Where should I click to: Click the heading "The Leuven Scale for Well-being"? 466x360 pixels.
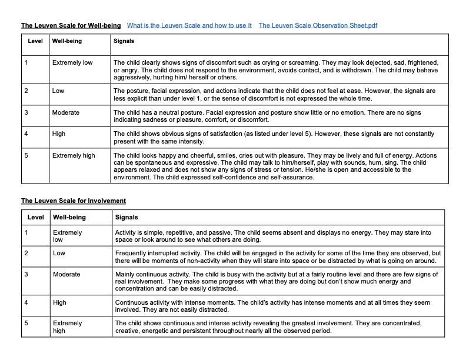tap(71, 26)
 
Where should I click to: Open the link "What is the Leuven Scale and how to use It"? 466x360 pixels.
tap(189, 26)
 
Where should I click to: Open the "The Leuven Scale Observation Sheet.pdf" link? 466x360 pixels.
tap(318, 26)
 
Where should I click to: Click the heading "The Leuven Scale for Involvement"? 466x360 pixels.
tap(74, 201)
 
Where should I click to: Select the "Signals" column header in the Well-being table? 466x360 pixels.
tap(124, 41)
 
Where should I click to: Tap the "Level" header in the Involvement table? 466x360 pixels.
tap(36, 217)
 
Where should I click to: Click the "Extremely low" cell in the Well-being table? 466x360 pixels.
tap(72, 62)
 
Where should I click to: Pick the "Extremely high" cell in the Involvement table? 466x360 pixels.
tap(68, 326)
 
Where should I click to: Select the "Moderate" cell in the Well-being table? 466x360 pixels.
tap(65, 112)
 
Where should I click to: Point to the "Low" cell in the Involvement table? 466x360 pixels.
tap(59, 253)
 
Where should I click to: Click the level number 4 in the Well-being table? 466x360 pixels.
tap(26, 134)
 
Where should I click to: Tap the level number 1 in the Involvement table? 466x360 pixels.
tap(26, 232)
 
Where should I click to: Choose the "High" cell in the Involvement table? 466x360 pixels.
tap(59, 302)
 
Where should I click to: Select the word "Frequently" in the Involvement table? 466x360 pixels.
tap(131, 253)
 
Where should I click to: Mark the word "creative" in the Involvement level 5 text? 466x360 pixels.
tap(128, 331)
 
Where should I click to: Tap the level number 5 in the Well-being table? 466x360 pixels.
tap(26, 155)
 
